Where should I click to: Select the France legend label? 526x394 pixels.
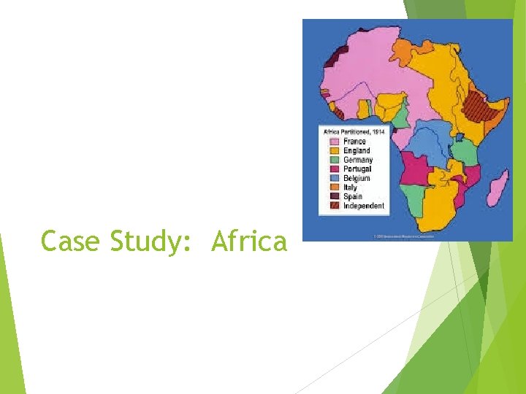[x=355, y=142]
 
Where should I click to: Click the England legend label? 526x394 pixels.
[x=357, y=150]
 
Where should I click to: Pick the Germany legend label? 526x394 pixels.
[x=359, y=160]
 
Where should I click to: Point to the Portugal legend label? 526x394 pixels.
[x=358, y=169]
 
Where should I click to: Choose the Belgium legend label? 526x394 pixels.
[x=357, y=178]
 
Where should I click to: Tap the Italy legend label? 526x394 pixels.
[x=351, y=188]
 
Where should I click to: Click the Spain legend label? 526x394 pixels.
[x=353, y=196]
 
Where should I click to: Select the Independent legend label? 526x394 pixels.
[x=364, y=206]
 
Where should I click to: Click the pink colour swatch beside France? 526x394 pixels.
[x=335, y=142]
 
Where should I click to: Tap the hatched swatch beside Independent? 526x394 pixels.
[x=335, y=206]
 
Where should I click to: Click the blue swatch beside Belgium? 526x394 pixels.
[x=335, y=178]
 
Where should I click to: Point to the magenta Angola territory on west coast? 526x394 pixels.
[x=414, y=169]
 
